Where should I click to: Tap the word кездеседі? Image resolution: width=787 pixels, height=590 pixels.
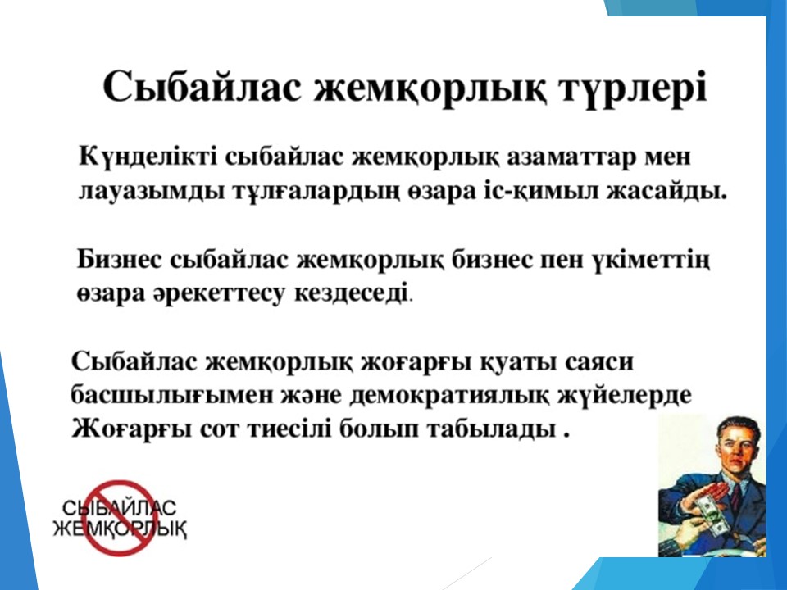(353, 293)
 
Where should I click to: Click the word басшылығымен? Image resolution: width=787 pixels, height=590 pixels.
(166, 395)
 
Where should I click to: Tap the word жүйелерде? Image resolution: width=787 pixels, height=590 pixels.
(625, 395)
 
